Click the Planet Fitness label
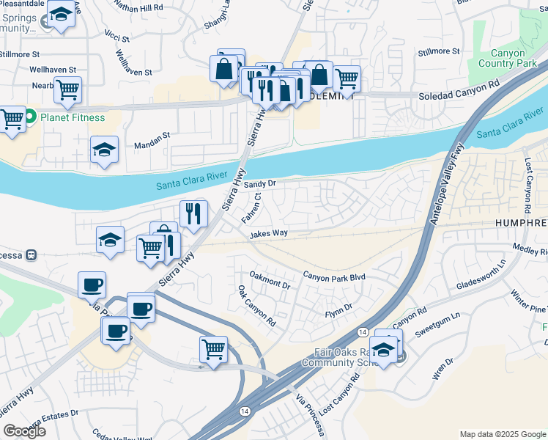72,117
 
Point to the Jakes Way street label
268,234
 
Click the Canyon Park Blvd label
334,277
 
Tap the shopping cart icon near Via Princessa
213,348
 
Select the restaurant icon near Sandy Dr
193,213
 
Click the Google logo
24,431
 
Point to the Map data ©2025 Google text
503,434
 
